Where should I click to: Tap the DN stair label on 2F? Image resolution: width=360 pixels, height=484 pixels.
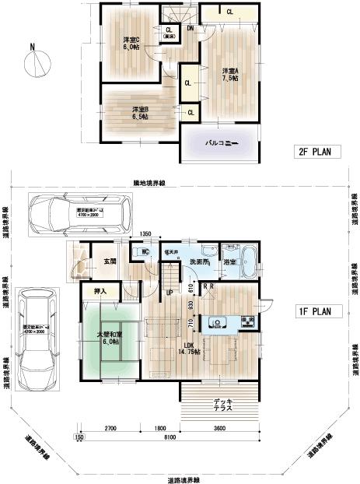190,30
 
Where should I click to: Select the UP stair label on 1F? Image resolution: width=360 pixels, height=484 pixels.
169,292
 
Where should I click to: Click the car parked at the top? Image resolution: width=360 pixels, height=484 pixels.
75,212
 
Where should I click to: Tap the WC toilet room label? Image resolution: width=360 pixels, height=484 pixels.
145,251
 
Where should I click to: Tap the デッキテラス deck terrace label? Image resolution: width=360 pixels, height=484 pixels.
221,404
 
